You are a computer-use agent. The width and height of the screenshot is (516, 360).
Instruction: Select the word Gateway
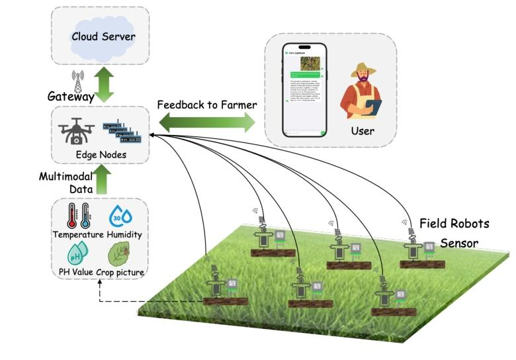click(70, 97)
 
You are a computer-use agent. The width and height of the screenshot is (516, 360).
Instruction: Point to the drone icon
click(73, 131)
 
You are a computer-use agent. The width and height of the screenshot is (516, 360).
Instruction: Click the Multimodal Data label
click(64, 183)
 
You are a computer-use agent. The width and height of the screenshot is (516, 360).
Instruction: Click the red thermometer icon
click(71, 216)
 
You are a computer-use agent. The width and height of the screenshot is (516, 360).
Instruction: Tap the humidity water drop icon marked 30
click(119, 216)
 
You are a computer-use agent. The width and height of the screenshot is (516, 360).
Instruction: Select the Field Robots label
click(454, 223)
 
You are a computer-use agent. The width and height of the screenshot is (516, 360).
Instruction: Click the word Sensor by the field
click(459, 243)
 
